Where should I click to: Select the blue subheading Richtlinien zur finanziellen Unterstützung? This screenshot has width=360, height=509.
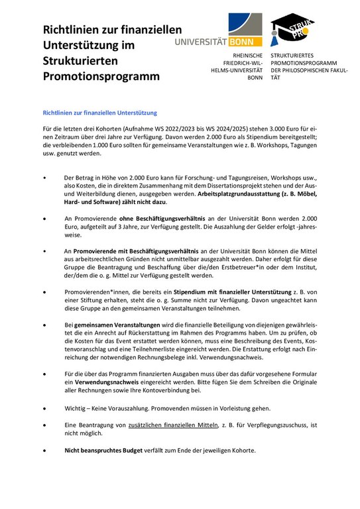(99, 113)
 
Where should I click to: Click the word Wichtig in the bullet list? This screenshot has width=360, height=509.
(77, 408)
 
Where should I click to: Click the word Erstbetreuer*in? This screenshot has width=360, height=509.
(235, 268)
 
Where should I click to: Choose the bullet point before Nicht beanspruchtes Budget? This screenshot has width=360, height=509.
(44, 450)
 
